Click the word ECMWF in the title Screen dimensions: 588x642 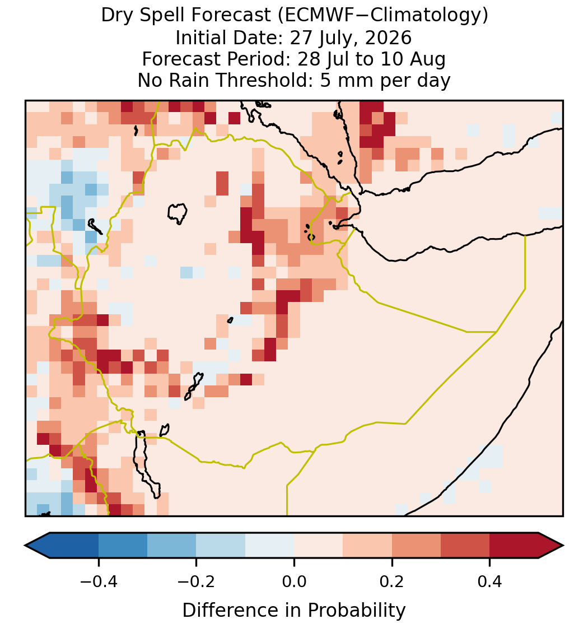click(314, 16)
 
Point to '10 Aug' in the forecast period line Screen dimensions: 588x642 click(413, 60)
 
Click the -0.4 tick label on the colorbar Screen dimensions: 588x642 click(99, 581)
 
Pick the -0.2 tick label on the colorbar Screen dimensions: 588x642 click(197, 581)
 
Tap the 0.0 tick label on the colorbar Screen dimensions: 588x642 click(294, 581)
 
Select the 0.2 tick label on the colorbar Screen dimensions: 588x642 click(392, 581)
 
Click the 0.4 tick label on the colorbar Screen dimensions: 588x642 click(490, 581)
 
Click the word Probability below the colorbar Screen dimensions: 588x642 click(356, 611)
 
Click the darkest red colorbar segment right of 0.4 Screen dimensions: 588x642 click(514, 546)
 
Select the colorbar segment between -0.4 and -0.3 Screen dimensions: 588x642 click(123, 546)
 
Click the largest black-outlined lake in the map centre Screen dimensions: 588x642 click(177, 213)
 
